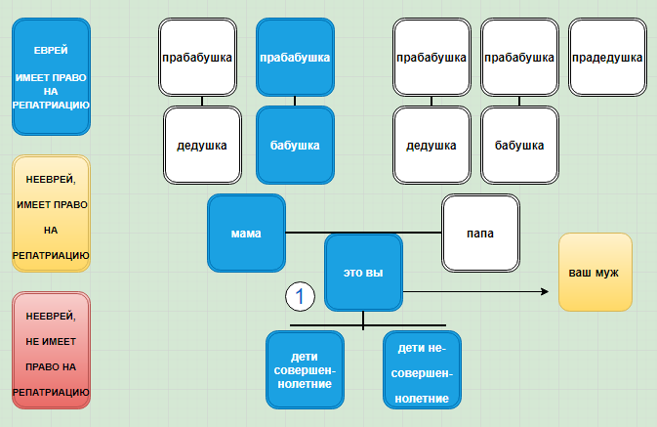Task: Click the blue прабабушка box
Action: [x=295, y=58]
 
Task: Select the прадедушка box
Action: [x=605, y=58]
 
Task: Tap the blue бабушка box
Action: [x=295, y=146]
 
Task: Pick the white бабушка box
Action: [x=519, y=146]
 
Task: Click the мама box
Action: [x=246, y=233]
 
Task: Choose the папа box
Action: [x=479, y=234]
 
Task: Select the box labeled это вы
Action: [x=363, y=273]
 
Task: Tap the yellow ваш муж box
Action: [x=594, y=273]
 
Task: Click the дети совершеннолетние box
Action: [x=305, y=369]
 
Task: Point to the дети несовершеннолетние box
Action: [x=422, y=369]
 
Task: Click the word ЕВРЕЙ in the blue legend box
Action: [x=51, y=50]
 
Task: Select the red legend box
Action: [x=51, y=351]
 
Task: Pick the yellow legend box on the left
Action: [x=51, y=213]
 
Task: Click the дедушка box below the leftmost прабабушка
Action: [x=202, y=146]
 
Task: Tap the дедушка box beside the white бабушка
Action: [x=431, y=146]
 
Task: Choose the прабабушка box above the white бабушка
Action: [x=519, y=58]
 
